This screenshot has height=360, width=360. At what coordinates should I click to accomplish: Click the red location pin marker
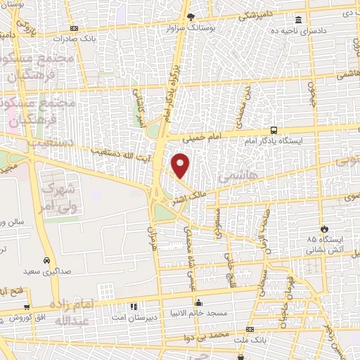(181, 165)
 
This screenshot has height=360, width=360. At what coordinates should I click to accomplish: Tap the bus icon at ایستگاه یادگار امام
(274, 130)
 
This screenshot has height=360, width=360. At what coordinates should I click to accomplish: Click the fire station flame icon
(323, 229)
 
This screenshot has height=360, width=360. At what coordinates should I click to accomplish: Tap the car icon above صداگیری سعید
(46, 258)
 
